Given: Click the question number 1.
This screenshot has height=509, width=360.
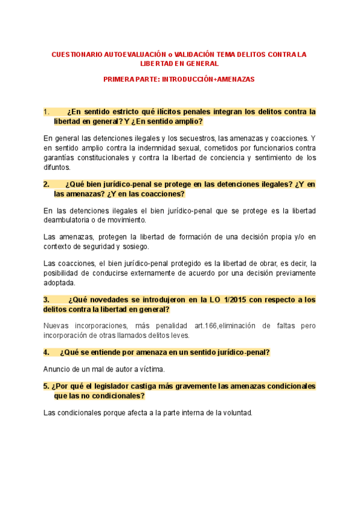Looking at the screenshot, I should tap(46, 112).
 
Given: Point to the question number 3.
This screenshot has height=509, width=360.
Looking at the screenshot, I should tap(46, 300).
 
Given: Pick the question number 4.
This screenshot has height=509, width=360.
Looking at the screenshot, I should tap(46, 352).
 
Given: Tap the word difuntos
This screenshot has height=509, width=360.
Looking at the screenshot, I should tap(57, 167).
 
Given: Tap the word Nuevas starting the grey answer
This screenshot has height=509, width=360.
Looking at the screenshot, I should tap(57, 326).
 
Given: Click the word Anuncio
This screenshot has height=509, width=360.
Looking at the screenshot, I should tap(58, 369).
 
